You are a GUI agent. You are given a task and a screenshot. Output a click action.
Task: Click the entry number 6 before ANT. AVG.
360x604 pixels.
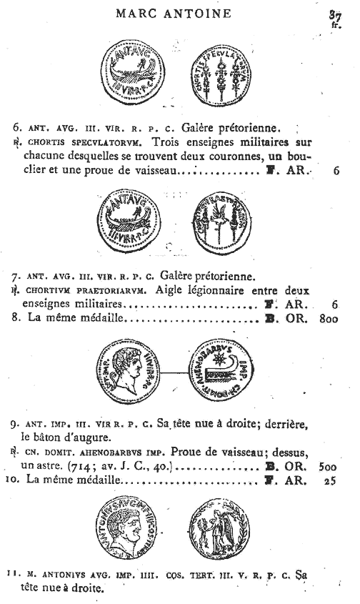17,129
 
